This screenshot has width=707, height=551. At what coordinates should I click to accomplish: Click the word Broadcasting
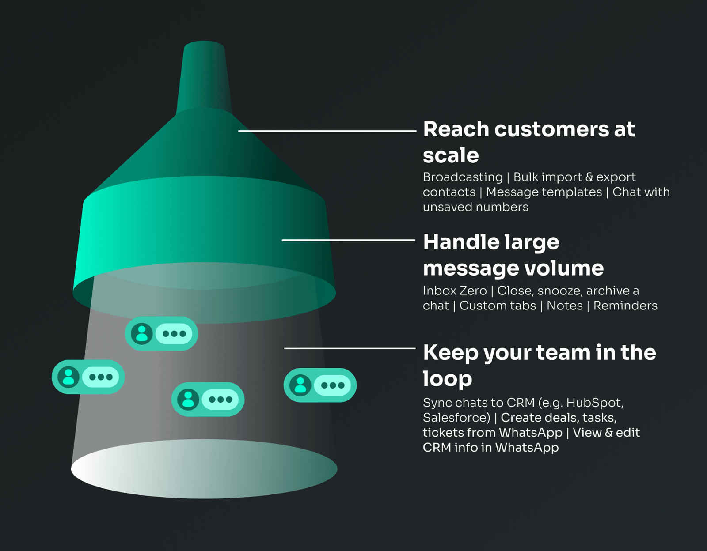(463, 177)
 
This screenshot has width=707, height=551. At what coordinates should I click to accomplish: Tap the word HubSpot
(594, 403)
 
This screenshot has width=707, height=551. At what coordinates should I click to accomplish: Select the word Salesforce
(455, 418)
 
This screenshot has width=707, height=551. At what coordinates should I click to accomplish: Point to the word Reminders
(625, 306)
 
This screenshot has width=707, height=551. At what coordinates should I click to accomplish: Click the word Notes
(564, 306)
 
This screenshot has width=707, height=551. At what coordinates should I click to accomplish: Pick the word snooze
(559, 291)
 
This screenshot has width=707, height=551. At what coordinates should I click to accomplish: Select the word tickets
(443, 433)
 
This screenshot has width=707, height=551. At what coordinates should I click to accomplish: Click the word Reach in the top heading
(456, 129)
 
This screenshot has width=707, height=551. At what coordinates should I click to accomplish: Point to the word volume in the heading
(564, 268)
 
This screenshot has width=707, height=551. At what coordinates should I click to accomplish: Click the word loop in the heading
(447, 379)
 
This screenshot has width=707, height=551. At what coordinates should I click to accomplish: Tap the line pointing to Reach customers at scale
(327, 131)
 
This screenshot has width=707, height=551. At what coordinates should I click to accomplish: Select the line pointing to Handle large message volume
(349, 240)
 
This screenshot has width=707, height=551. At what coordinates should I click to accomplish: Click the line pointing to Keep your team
(350, 348)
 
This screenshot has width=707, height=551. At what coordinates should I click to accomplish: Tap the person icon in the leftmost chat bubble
(68, 377)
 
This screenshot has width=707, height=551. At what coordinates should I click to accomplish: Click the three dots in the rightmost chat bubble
(333, 385)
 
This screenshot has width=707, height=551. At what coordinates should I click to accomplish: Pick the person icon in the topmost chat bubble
(142, 333)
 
